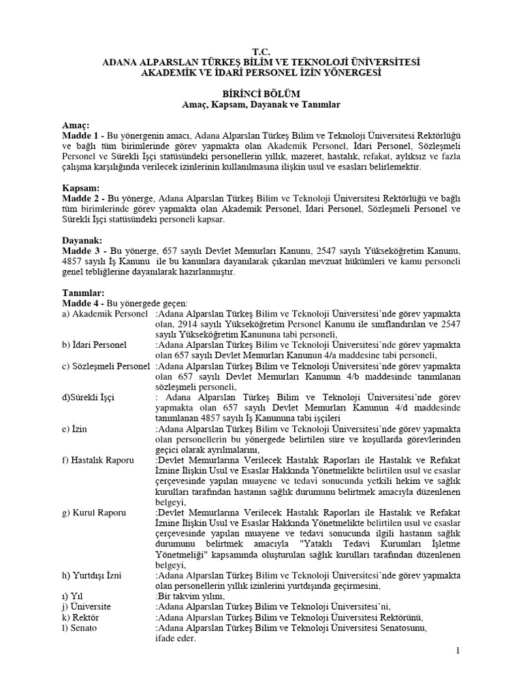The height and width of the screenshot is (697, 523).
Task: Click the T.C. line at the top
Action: pyautogui.click(x=261, y=52)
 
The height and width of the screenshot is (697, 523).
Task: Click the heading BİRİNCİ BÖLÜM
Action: pyautogui.click(x=261, y=93)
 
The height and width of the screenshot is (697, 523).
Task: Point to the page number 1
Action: pyautogui.click(x=458, y=652)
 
